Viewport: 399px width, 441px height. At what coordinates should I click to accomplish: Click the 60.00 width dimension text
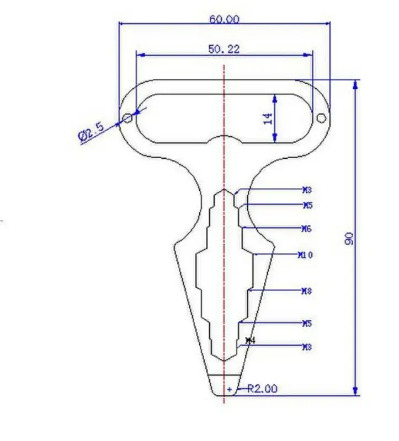(224, 19)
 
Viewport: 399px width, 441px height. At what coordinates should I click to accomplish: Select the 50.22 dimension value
(224, 49)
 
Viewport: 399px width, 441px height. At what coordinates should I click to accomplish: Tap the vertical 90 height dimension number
(349, 238)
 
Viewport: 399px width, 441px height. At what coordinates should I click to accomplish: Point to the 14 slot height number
(268, 119)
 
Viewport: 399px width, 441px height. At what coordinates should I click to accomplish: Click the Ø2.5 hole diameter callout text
(91, 133)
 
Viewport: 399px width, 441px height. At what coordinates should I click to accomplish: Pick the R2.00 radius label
(262, 389)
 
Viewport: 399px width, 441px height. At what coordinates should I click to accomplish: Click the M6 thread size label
(307, 228)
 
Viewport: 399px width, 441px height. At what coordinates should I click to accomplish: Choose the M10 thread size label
(306, 255)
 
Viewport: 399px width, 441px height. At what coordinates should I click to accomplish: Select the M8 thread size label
(307, 291)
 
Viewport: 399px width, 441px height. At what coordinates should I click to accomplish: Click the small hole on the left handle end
(127, 119)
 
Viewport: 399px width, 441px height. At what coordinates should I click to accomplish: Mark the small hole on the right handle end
(321, 117)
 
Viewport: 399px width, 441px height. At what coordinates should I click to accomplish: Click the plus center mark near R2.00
(230, 389)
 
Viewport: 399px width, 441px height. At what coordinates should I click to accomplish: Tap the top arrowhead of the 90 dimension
(355, 84)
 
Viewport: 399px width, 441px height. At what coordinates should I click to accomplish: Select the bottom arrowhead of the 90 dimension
(355, 391)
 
